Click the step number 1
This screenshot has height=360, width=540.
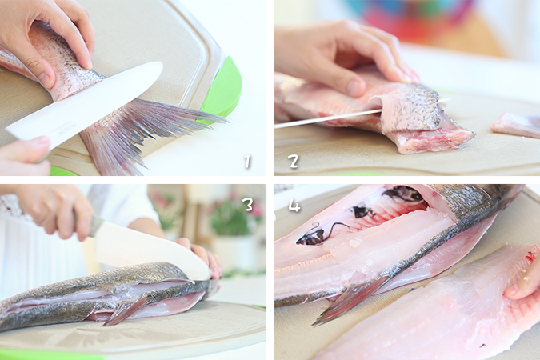pos(247,161)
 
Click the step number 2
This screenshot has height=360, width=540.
pos(294,161)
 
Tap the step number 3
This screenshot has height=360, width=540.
pos(248,205)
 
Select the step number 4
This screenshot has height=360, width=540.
pos(294,206)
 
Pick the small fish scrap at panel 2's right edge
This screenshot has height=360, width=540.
pos(515,125)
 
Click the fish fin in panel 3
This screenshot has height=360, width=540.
pos(125,312)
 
